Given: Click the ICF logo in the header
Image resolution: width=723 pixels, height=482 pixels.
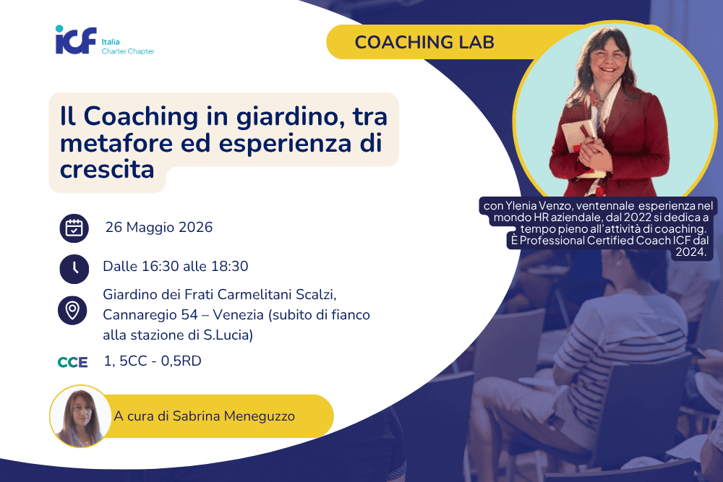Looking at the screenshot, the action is [x=76, y=40].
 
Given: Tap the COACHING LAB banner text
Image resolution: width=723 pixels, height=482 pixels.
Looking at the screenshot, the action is [x=424, y=43].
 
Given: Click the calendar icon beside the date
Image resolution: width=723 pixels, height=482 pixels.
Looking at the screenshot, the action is [x=74, y=228].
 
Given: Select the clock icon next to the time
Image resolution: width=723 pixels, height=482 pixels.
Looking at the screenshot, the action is [x=74, y=269].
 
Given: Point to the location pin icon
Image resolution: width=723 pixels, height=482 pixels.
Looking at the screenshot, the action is [x=72, y=310].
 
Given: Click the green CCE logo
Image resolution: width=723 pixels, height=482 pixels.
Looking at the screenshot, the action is [x=72, y=362].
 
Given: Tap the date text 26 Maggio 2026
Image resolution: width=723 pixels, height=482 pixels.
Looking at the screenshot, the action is [x=159, y=227].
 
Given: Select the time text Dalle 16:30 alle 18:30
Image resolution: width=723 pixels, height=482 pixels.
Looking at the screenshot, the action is [x=176, y=267].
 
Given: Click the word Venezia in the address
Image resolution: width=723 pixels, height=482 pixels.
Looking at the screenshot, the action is [x=239, y=315].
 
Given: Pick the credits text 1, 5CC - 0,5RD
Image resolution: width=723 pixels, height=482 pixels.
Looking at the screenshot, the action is [x=153, y=361].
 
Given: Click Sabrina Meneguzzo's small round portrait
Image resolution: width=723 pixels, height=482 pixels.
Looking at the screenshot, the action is [x=80, y=416].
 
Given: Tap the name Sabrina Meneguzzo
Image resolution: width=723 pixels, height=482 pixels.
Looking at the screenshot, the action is [x=234, y=416].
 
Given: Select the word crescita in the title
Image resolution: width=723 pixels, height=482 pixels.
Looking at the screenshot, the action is [x=107, y=170].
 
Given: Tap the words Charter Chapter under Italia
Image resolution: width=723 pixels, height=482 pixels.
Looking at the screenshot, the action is [x=128, y=51].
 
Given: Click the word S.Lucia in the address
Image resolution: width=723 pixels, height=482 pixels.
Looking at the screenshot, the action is [x=228, y=335].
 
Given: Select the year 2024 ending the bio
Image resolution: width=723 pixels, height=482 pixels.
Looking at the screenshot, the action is [x=690, y=251].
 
